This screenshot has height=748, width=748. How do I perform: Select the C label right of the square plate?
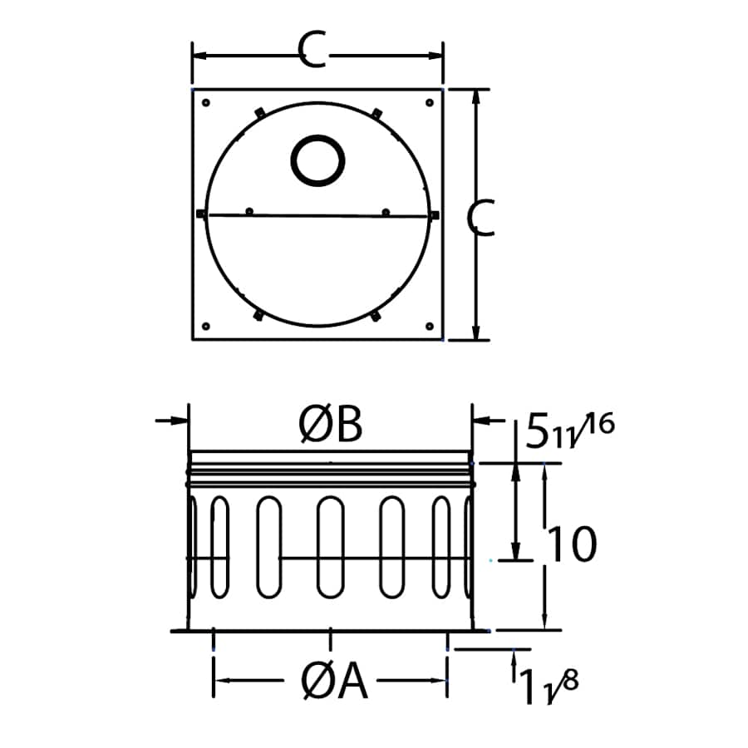(481, 218)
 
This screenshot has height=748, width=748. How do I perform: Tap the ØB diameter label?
(331, 426)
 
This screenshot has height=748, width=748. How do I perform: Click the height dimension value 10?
(572, 545)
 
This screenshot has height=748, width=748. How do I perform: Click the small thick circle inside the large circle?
(317, 160)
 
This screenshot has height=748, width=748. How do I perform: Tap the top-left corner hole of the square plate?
(207, 103)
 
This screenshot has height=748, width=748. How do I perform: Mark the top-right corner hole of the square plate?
(429, 103)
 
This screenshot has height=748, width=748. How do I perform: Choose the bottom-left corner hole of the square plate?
(207, 326)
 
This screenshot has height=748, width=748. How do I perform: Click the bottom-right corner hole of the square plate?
(429, 326)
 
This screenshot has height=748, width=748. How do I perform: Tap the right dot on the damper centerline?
(386, 211)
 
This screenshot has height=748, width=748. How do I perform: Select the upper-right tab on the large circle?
(376, 112)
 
